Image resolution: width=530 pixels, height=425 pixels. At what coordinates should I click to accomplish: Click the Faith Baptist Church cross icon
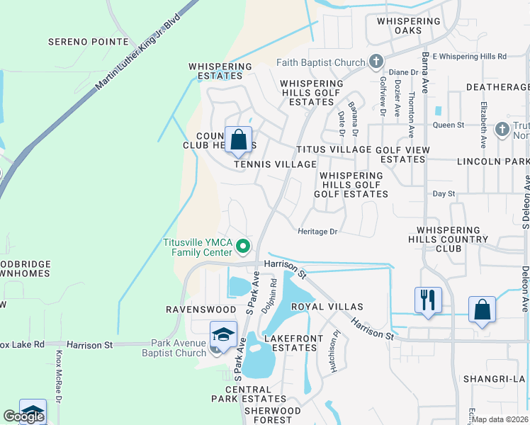[376, 62]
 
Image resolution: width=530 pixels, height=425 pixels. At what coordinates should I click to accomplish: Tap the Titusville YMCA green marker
[243, 247]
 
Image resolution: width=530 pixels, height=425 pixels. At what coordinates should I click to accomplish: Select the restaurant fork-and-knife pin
[428, 299]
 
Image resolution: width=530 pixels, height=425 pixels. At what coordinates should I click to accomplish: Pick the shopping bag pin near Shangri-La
[482, 310]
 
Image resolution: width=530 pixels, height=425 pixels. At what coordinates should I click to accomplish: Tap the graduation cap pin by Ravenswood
[222, 334]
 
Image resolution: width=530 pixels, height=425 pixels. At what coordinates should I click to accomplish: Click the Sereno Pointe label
[89, 42]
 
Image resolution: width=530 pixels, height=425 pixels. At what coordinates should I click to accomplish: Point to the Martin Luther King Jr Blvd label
[137, 55]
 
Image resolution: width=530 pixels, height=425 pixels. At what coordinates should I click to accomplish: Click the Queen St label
[448, 125]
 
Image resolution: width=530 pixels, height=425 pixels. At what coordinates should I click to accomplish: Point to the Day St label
[444, 193]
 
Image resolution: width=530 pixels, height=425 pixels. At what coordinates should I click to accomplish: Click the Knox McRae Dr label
[60, 369]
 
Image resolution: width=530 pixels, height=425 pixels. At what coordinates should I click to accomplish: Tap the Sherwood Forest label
[272, 415]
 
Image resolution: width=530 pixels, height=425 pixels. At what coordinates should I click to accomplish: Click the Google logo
[23, 416]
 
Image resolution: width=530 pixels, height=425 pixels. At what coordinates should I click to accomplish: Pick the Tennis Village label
[276, 164]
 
